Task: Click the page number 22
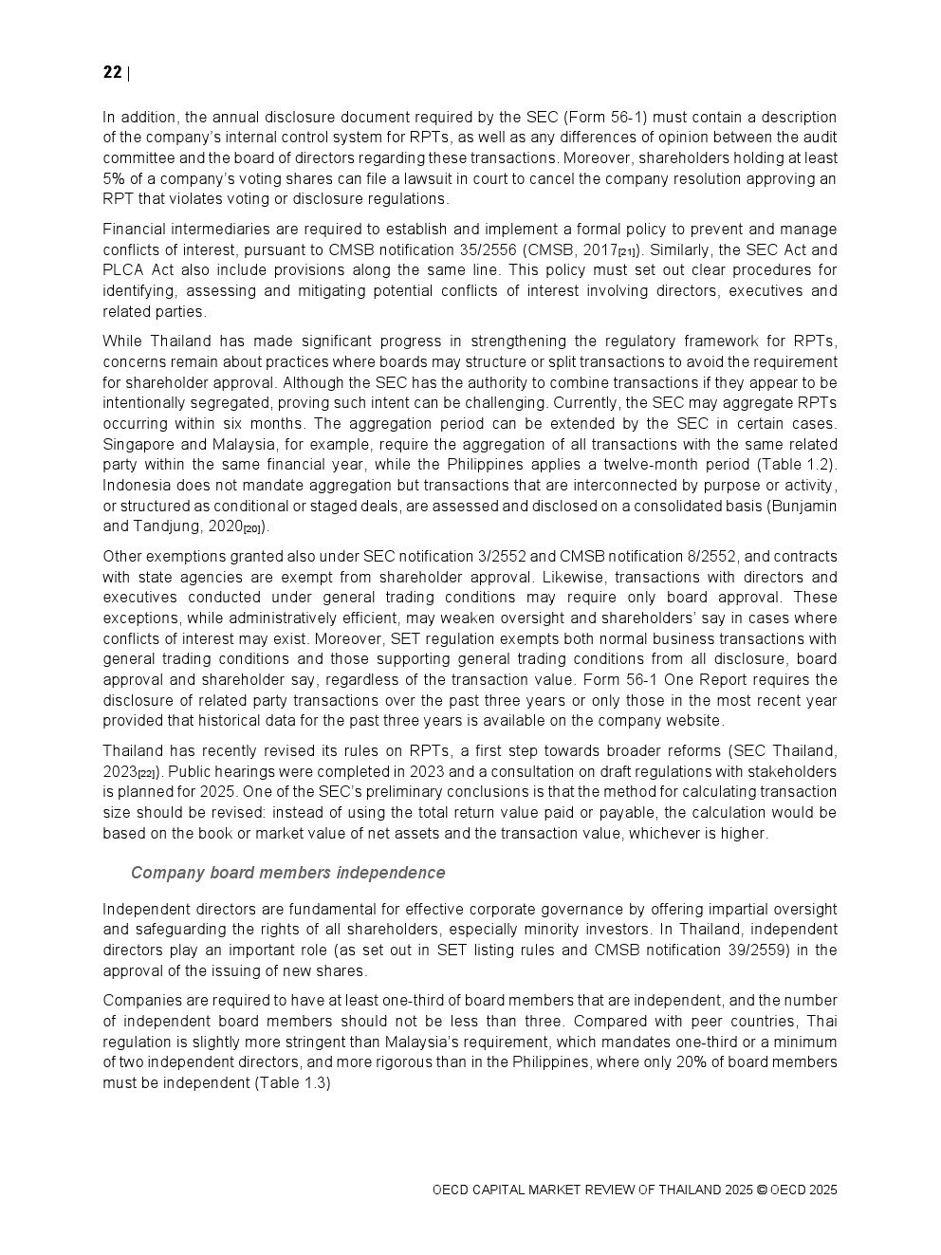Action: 112,73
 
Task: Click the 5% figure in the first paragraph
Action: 116,178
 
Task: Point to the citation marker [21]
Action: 627,252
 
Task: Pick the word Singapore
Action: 138,444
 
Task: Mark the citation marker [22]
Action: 147,774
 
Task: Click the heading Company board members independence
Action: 287,873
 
